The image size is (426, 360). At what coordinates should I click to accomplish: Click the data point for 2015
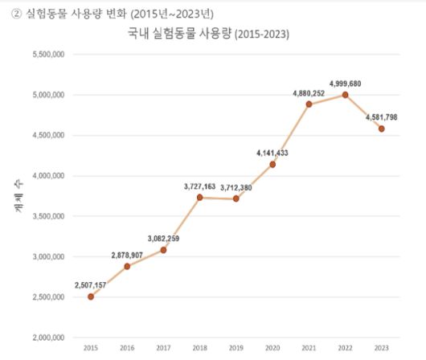point(91,297)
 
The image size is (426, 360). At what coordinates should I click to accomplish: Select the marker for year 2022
point(345,94)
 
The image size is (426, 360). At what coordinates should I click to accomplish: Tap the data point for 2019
point(235,198)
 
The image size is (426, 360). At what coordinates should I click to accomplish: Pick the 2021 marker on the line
point(309,104)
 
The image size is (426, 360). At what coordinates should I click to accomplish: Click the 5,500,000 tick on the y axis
point(47,55)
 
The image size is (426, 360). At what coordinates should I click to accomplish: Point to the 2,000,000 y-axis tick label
point(47,337)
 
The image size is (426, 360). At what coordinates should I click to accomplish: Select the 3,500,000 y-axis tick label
point(47,216)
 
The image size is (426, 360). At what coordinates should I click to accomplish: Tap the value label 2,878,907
point(127,255)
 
